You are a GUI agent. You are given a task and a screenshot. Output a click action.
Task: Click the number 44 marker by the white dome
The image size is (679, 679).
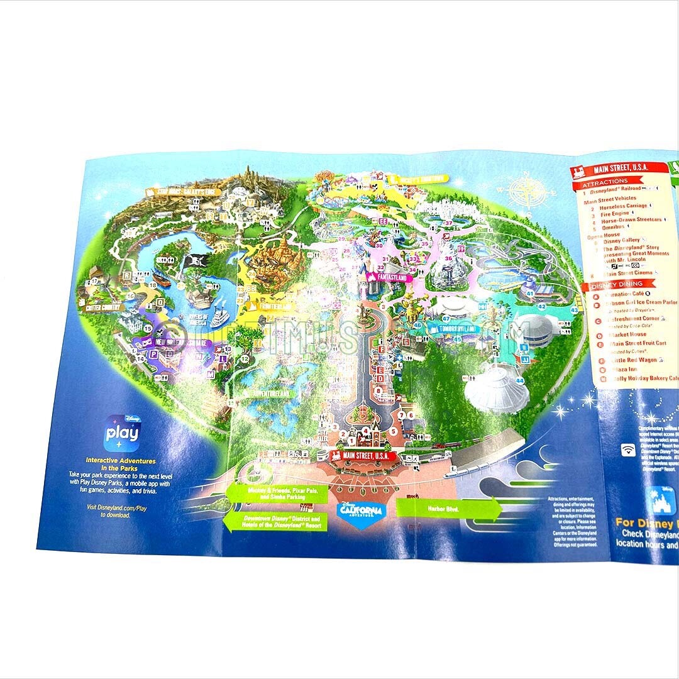519,381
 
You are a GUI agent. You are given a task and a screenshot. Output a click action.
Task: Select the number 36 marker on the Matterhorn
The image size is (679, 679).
448,258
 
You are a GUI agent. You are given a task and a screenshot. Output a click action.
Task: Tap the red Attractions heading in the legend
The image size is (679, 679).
605,181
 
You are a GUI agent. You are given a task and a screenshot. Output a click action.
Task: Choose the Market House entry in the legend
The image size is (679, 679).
620,334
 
